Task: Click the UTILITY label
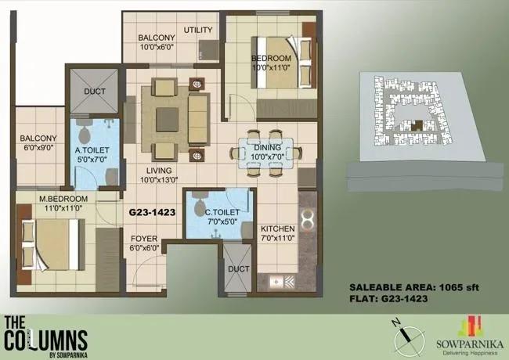point(198,30)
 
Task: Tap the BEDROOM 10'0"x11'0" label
point(271,63)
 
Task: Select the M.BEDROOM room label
point(63,203)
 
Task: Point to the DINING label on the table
point(267,152)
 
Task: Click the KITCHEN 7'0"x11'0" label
point(277,233)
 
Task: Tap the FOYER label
point(144,243)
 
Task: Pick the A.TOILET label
point(92,155)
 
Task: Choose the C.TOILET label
point(222,217)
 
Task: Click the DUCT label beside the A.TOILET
point(95,92)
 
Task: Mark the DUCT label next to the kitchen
point(239,269)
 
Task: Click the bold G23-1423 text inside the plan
point(152,212)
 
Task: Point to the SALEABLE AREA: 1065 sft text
point(414,287)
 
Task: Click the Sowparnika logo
point(470,336)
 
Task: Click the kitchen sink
point(276,282)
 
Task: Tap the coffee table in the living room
point(167,120)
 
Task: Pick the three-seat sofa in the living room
point(198,118)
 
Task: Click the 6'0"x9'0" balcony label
point(38,143)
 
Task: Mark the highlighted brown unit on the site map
point(417,125)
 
